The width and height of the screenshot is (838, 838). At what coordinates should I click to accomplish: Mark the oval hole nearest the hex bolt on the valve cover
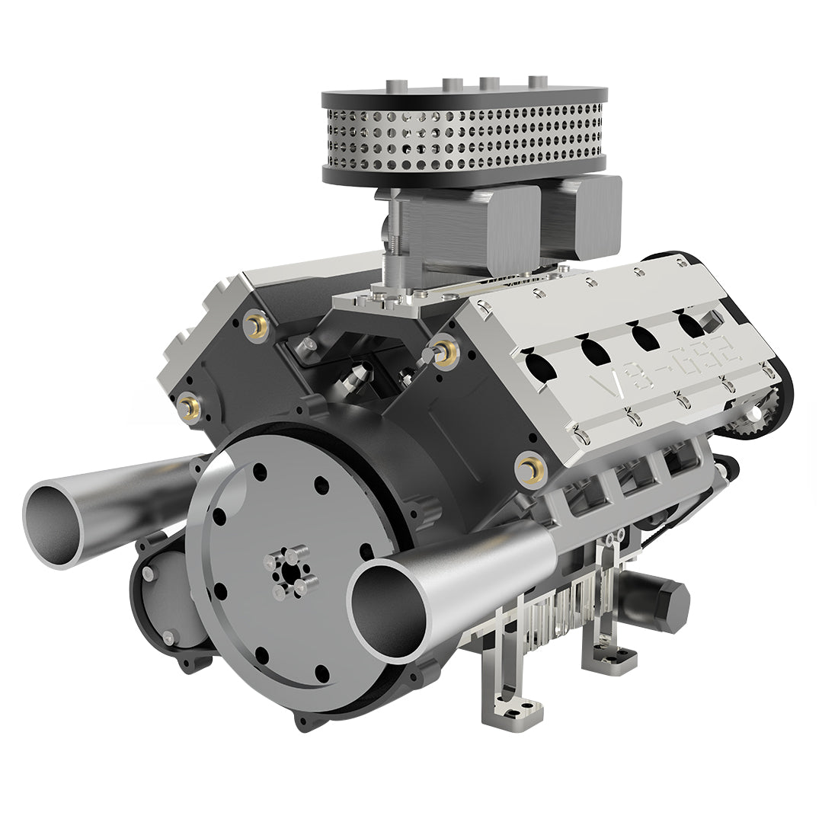pyautogui.click(x=690, y=324)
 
